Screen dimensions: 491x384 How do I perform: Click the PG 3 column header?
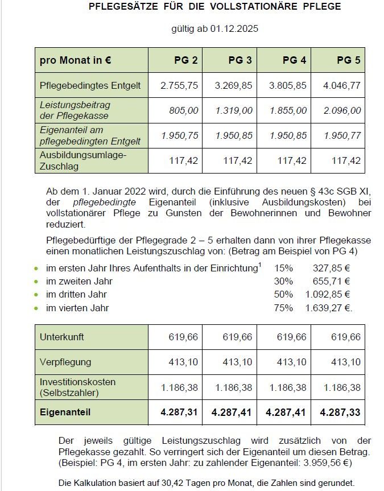pyautogui.click(x=240, y=60)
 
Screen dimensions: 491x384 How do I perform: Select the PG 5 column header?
pyautogui.click(x=349, y=60)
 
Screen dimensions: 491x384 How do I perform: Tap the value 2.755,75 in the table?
pyautogui.click(x=179, y=85)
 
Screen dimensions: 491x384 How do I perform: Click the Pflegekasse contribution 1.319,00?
pyautogui.click(x=234, y=110)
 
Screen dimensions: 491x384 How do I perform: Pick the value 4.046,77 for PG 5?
pyautogui.click(x=342, y=85)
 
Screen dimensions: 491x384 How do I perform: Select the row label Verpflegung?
pyautogui.click(x=65, y=362)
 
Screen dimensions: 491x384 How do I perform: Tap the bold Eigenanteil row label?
pyautogui.click(x=65, y=412)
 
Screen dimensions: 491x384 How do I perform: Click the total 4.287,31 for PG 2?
pyautogui.click(x=179, y=412)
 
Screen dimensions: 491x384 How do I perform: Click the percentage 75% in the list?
pyautogui.click(x=283, y=308)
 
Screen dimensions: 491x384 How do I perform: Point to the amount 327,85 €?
pyautogui.click(x=332, y=267)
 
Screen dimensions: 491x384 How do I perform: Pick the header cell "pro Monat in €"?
pyautogui.click(x=75, y=60)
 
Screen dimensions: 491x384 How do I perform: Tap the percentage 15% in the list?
pyautogui.click(x=283, y=267)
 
